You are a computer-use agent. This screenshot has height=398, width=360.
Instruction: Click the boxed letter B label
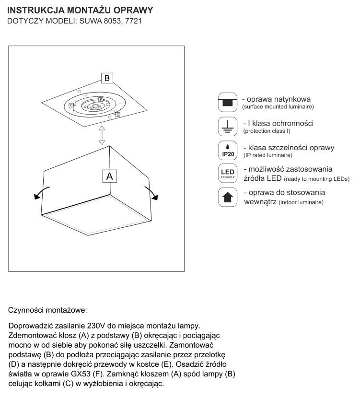107,78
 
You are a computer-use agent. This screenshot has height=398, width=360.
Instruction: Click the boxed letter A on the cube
109,176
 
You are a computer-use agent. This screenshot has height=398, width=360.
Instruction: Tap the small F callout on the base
101,99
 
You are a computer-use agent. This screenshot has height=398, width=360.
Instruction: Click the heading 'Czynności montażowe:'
48,310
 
